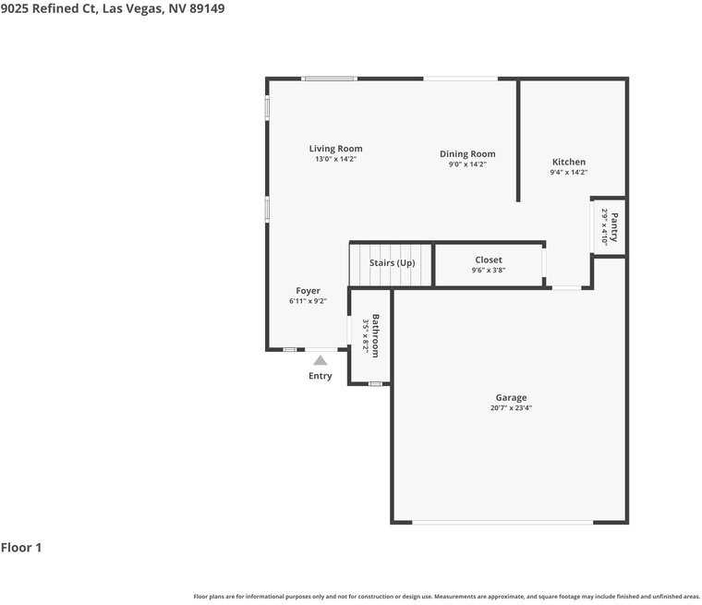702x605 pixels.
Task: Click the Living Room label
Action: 335,149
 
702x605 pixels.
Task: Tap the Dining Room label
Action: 467,154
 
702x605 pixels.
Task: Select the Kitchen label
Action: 569,163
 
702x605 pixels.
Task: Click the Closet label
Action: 489,260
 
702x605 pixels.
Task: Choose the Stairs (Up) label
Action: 393,263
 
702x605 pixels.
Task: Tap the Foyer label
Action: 308,291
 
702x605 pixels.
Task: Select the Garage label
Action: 511,398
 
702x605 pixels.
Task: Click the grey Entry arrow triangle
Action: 320,359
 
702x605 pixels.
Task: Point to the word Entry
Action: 320,376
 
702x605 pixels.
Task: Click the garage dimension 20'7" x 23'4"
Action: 511,408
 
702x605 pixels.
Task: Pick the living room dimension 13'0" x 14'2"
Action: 335,159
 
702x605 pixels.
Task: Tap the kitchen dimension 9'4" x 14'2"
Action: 569,173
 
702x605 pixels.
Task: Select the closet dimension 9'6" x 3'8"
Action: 489,271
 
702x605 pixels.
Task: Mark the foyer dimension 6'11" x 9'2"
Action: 308,301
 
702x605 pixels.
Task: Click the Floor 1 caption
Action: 21,548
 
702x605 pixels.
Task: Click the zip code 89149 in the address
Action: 205,8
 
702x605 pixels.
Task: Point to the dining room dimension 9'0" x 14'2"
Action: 467,164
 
